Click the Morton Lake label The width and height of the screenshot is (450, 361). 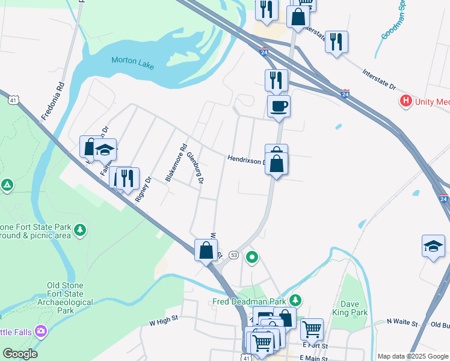[x=132, y=60]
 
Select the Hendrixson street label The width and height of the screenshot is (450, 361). [x=245, y=160]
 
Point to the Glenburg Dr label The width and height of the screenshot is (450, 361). [x=196, y=168]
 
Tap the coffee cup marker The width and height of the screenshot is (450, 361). [x=279, y=107]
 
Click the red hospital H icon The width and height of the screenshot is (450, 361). [x=407, y=102]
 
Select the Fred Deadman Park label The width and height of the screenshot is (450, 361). [x=250, y=301]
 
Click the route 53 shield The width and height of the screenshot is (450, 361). [x=233, y=256]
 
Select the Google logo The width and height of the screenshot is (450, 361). [x=20, y=354]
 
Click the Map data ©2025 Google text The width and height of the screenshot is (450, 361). [x=412, y=356]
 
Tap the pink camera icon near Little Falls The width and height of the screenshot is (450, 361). [x=40, y=330]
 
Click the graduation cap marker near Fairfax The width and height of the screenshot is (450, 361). [x=105, y=150]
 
